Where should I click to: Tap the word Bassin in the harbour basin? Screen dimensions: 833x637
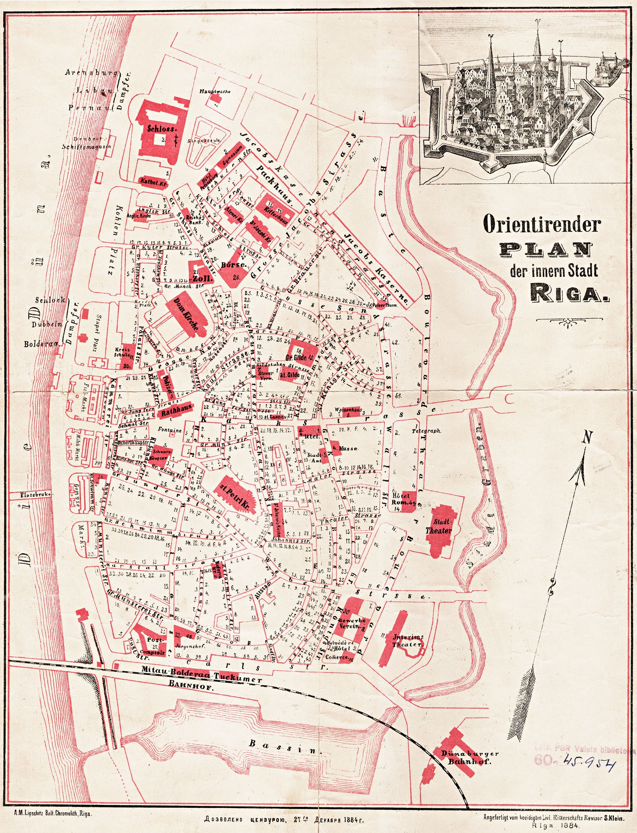[285, 747]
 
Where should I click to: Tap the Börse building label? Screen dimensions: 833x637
[233, 265]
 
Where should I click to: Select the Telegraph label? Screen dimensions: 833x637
[427, 431]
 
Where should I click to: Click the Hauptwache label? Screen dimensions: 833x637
[215, 92]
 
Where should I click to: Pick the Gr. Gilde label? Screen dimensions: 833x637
[296, 357]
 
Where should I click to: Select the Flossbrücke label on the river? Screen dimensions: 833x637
[36, 495]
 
